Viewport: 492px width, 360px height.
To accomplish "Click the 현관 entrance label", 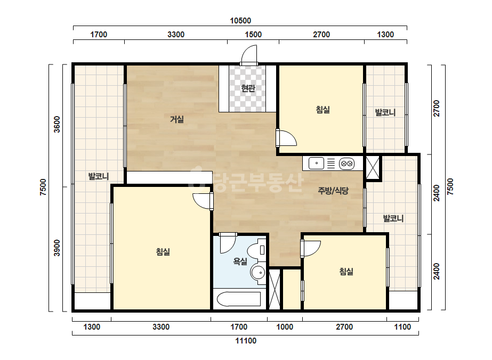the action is [x=248, y=88].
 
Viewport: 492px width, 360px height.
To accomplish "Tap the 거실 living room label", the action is [x=176, y=119].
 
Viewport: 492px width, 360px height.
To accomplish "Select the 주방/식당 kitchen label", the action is [x=333, y=190].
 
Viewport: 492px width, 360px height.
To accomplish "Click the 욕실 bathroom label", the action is [x=240, y=261].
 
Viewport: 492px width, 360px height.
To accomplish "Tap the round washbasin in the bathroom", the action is [x=258, y=273].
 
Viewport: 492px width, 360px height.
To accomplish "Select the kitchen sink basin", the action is [x=316, y=163].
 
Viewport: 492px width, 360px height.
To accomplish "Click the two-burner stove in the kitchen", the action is [x=346, y=163].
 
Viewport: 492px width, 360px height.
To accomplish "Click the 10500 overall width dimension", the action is [x=240, y=21].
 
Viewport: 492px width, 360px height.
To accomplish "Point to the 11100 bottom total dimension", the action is [x=246, y=341].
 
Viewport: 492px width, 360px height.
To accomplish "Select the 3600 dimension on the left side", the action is [x=57, y=125].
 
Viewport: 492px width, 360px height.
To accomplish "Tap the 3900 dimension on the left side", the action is [x=57, y=248].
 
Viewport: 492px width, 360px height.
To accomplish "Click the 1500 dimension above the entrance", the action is [x=253, y=35].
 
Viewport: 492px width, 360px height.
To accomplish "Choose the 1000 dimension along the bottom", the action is [x=285, y=327].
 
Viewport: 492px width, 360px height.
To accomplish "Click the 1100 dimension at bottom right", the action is [x=402, y=327].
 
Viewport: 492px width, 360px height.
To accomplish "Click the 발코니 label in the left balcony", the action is [x=99, y=176].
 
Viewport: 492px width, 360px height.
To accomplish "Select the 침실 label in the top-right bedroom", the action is [x=322, y=110].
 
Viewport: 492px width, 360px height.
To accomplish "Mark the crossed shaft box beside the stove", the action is [x=373, y=168].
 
